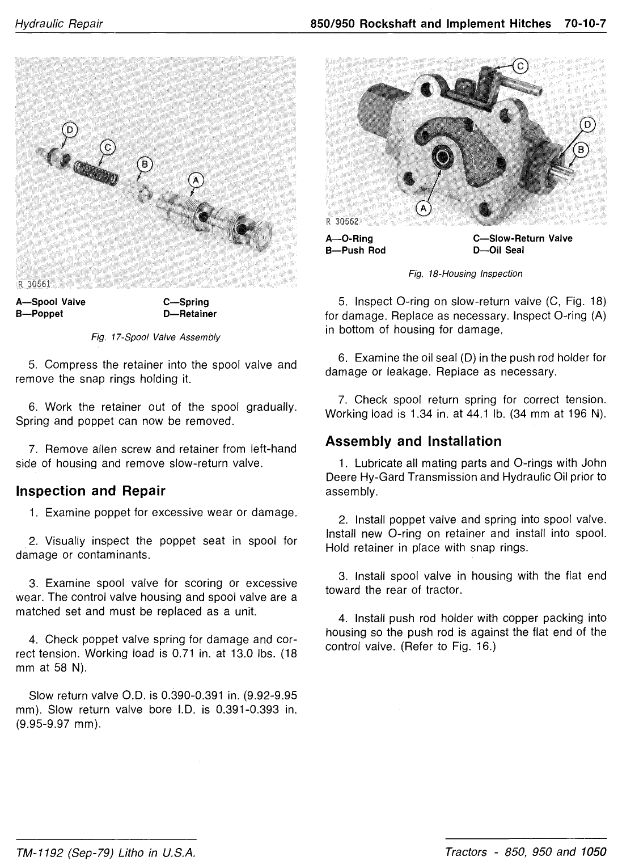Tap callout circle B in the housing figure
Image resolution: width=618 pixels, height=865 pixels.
click(x=582, y=150)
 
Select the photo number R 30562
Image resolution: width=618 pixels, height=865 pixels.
click(x=343, y=221)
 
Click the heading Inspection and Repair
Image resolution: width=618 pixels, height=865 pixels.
click(x=91, y=491)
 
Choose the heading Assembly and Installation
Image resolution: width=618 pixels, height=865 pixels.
click(x=413, y=441)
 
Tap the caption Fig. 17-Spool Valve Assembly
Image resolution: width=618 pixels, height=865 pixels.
click(x=155, y=337)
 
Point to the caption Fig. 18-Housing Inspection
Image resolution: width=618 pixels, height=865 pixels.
click(x=465, y=274)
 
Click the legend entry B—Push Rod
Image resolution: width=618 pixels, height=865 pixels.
click(x=355, y=250)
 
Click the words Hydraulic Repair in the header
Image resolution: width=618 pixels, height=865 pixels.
click(x=59, y=24)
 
